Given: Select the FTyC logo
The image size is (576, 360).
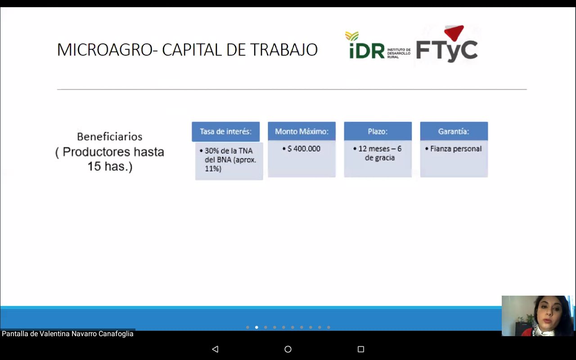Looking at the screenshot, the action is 447,44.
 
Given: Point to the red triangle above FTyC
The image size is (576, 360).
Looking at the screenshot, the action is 454,32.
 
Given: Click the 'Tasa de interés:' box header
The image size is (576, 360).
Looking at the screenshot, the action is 226,132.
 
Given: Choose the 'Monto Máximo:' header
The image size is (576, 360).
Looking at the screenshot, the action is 301,131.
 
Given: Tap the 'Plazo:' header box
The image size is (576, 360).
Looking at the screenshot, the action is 378,131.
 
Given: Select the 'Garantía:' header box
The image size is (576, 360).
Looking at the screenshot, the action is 454,131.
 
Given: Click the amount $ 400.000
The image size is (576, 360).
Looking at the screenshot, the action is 304,148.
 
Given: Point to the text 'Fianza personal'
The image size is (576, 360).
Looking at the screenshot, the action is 456,148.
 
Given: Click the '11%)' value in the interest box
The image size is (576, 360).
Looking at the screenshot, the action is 213,169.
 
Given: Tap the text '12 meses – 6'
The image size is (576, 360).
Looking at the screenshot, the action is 380,148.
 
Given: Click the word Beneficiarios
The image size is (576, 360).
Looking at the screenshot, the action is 109,137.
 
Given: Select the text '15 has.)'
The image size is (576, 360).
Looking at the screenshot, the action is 110,166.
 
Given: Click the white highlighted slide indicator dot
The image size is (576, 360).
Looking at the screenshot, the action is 256,327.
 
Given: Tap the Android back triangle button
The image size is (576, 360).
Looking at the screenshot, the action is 215,349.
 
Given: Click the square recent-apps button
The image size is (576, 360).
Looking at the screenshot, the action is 361,349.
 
